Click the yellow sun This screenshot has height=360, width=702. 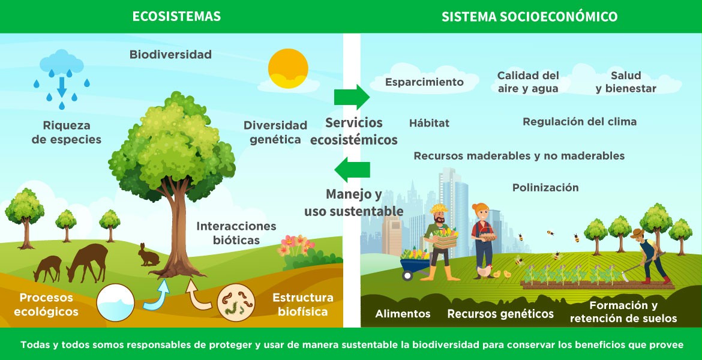point(288,68)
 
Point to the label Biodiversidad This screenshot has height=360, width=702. point(170,55)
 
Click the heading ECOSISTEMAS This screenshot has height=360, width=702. point(176,16)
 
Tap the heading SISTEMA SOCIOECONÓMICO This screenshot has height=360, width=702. point(529,16)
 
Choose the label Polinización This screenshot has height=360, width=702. point(545,188)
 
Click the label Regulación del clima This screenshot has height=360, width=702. point(579,122)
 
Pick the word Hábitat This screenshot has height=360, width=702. point(429,123)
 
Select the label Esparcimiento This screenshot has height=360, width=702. point(424,82)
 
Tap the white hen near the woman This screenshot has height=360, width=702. point(484,271)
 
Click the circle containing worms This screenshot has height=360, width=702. point(236,300)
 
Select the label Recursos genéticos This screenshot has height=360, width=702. point(500,314)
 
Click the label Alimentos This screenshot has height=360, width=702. point(403,314)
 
